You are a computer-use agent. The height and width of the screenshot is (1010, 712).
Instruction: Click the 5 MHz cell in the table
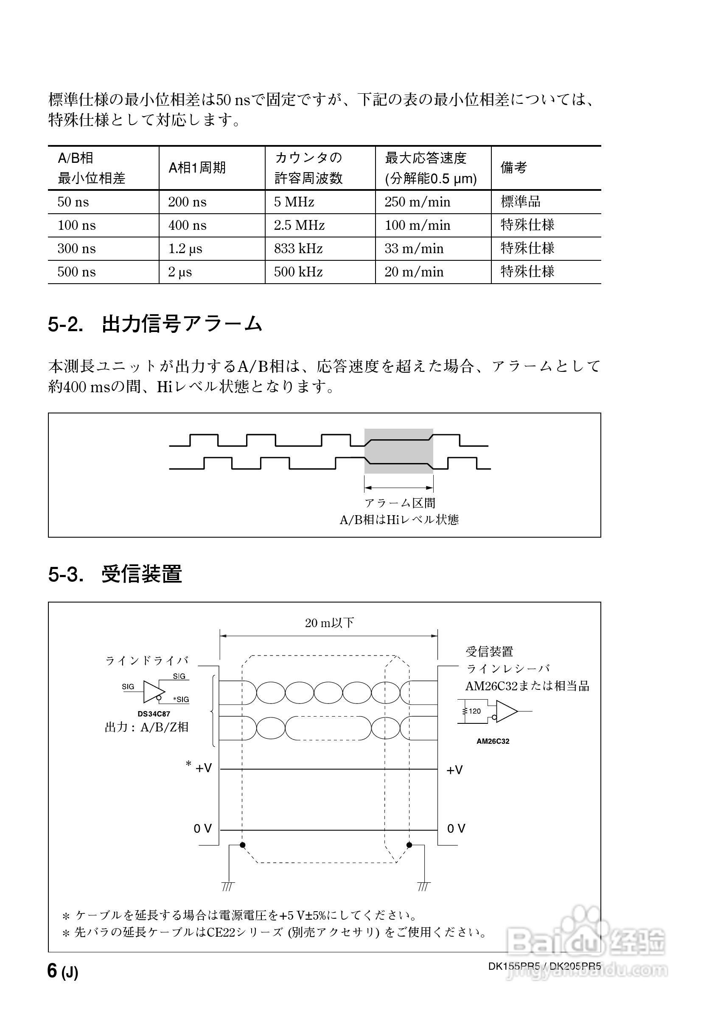point(294,202)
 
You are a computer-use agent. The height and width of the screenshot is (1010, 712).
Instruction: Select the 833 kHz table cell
point(298,248)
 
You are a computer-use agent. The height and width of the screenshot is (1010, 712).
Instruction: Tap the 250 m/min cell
point(417,202)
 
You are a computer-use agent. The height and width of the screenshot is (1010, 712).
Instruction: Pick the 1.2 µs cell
point(185,248)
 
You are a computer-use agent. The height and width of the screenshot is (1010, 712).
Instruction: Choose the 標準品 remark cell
point(521,201)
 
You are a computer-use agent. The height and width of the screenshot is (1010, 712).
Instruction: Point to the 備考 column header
point(513,167)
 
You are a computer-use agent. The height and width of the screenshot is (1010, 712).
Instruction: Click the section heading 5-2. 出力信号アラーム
point(155,324)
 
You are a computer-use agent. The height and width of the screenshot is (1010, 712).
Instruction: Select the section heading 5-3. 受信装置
point(115,574)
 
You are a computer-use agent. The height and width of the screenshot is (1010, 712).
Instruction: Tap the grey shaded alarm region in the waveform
point(398,451)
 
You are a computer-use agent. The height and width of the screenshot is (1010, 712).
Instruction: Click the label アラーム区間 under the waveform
point(400,503)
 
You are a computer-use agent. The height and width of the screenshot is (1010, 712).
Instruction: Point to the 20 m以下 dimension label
point(329,623)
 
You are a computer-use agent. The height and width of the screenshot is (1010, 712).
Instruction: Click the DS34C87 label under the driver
point(154,714)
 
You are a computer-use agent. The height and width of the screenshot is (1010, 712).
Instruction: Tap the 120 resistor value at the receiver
point(475,711)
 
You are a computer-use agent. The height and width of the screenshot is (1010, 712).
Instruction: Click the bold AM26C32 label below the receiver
point(493,741)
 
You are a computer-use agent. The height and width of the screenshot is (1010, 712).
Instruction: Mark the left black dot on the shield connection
point(242,845)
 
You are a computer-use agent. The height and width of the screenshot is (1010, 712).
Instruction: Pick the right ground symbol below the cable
point(423,886)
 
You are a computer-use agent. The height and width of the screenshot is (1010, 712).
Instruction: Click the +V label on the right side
point(454,770)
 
